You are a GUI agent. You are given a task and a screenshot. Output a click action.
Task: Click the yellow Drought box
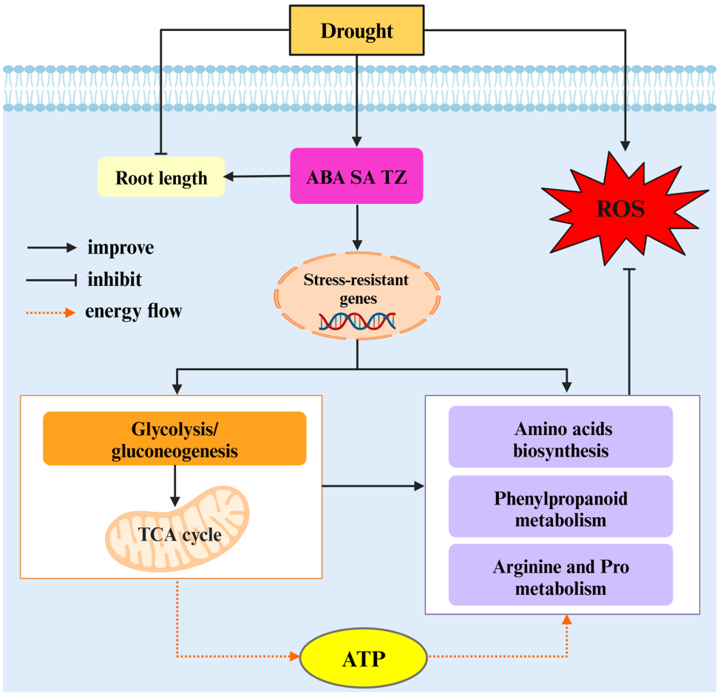(x=356, y=30)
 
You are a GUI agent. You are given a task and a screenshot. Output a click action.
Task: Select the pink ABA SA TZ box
(x=357, y=176)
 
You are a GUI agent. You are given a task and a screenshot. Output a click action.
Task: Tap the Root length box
(x=161, y=177)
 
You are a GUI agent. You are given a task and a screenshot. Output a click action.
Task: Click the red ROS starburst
(x=621, y=209)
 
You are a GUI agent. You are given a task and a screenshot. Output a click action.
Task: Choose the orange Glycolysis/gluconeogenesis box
(x=174, y=439)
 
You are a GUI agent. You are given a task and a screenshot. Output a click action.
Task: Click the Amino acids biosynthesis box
(x=560, y=439)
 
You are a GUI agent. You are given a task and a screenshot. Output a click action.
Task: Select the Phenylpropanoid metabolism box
(x=560, y=508)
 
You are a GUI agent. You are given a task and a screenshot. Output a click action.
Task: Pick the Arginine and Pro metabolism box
(x=560, y=578)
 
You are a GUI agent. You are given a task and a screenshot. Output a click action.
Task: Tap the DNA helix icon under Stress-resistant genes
(x=356, y=321)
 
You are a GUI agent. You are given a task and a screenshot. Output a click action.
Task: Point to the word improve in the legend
(x=120, y=247)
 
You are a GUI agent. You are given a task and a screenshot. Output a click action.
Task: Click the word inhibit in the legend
(x=114, y=280)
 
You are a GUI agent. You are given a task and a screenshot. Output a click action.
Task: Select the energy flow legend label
(x=133, y=311)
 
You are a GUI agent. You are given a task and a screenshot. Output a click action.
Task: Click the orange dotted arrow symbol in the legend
(x=50, y=312)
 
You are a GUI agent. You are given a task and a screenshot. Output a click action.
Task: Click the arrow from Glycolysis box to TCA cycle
(x=174, y=485)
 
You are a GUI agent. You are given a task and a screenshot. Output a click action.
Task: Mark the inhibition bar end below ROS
(x=629, y=270)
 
